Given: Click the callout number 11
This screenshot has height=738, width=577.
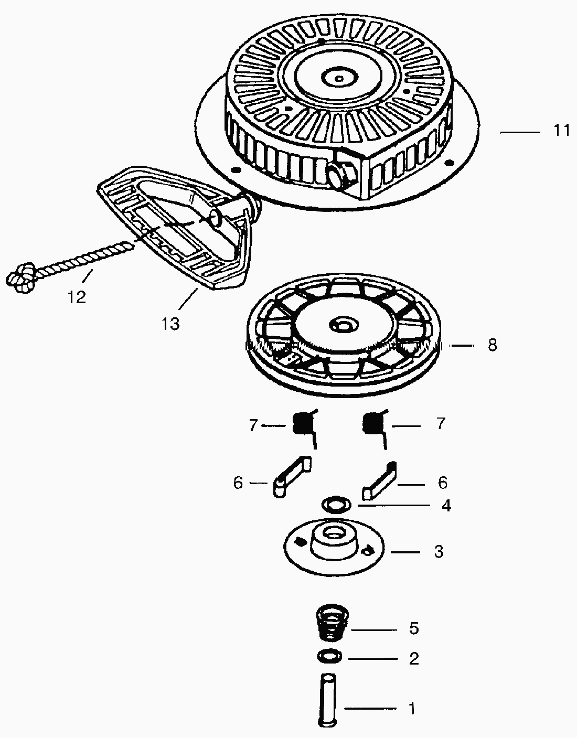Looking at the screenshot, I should (561, 130).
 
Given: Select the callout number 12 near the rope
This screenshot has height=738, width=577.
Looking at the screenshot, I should (76, 297).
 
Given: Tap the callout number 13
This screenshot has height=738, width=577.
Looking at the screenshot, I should (170, 324).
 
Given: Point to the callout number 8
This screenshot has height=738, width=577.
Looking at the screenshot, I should (492, 345).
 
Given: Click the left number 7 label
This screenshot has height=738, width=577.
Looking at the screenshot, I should (253, 425).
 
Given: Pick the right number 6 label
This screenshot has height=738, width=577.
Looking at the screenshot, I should (442, 483).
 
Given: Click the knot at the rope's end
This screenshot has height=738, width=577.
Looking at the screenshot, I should (20, 277).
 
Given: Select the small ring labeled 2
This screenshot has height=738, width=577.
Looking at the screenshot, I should (329, 656).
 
